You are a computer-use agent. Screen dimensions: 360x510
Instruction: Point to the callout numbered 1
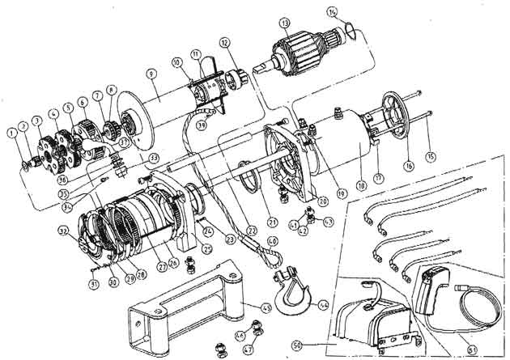tap(12, 132)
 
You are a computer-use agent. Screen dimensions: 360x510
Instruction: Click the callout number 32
tap(83, 231)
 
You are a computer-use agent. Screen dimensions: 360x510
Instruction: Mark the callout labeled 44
tap(324, 306)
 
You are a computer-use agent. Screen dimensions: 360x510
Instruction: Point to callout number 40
tap(272, 240)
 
